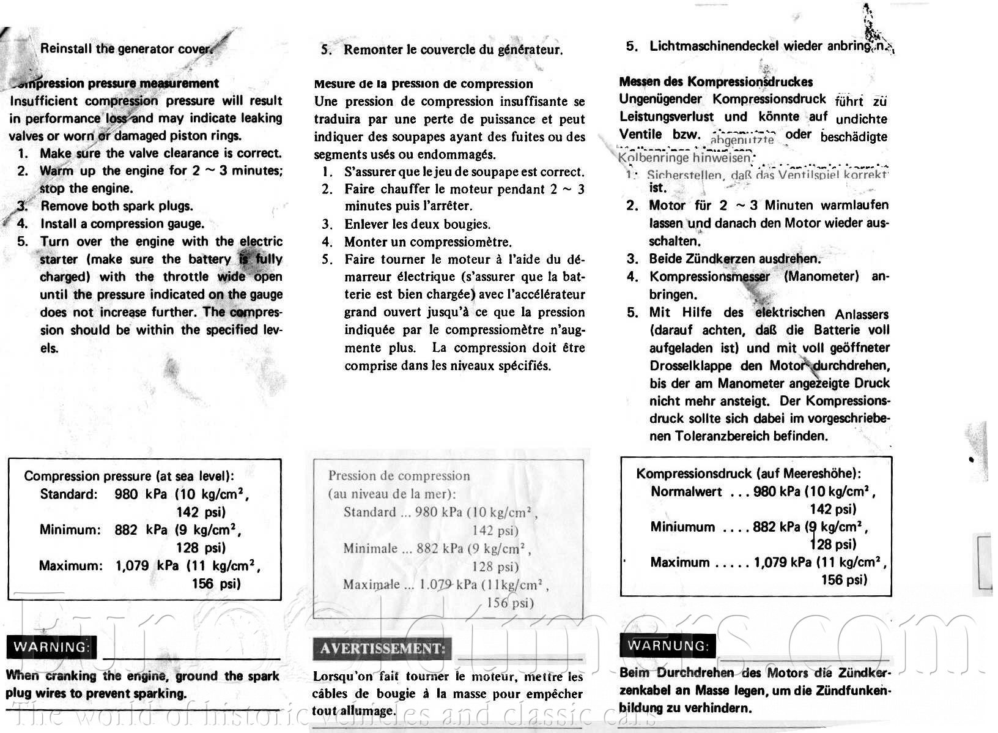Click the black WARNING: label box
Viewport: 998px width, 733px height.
click(51, 647)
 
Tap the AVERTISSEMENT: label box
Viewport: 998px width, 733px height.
click(382, 649)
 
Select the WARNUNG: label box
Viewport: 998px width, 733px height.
click(667, 646)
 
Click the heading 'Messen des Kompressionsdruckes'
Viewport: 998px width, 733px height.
click(716, 81)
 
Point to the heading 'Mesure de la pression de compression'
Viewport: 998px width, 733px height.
click(423, 84)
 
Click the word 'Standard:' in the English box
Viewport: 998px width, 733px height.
click(68, 494)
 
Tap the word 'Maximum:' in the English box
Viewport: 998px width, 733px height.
click(71, 565)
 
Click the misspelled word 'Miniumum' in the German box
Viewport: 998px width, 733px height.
click(682, 527)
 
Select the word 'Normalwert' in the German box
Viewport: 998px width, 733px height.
click(686, 491)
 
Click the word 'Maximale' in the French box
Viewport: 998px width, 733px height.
click(371, 584)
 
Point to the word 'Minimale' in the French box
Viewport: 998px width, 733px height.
click(370, 548)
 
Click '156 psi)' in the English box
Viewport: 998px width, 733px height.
click(216, 583)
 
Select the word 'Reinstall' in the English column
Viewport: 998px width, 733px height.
click(66, 49)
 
